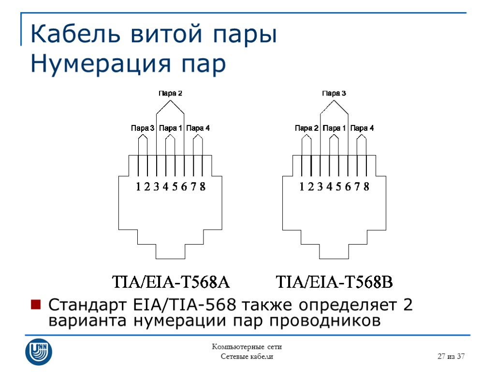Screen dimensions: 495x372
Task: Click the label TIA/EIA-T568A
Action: tap(170, 281)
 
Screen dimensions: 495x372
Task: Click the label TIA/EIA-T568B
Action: tap(334, 281)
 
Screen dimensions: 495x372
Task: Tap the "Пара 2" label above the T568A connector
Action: tap(170, 93)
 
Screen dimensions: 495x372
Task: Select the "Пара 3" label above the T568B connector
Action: tap(334, 93)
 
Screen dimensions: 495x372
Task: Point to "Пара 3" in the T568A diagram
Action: tap(143, 128)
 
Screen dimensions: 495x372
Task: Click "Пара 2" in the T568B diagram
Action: tap(306, 128)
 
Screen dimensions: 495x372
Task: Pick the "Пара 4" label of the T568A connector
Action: tap(198, 128)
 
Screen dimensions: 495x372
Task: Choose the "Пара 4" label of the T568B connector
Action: tap(362, 128)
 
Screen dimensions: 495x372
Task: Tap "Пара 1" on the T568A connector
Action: tap(170, 128)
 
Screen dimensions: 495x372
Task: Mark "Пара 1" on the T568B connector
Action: tap(334, 128)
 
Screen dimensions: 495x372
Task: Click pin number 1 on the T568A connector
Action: tap(138, 186)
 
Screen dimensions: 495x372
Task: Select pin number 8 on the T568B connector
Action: tap(366, 186)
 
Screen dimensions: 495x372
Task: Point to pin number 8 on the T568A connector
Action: tap(203, 186)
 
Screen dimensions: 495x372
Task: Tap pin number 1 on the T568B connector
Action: tap(302, 186)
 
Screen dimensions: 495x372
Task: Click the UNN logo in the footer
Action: tap(39, 351)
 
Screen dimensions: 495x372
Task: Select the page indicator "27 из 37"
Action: tap(451, 356)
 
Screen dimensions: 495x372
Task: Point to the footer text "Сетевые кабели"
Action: tap(247, 356)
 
